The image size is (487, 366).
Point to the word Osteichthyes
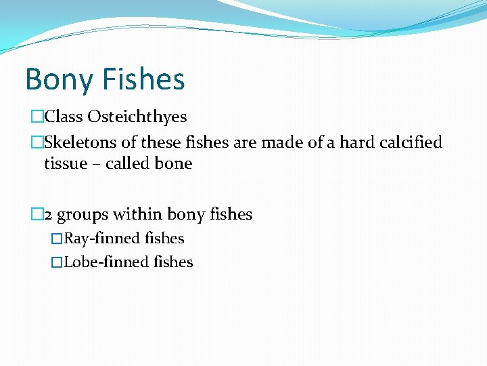coord(136,117)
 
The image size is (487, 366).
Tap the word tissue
coord(66,163)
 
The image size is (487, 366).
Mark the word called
coord(128,163)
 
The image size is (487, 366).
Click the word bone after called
coord(173,163)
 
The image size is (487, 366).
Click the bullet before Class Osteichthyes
coord(37,117)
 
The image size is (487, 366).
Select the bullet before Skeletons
coord(37,143)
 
